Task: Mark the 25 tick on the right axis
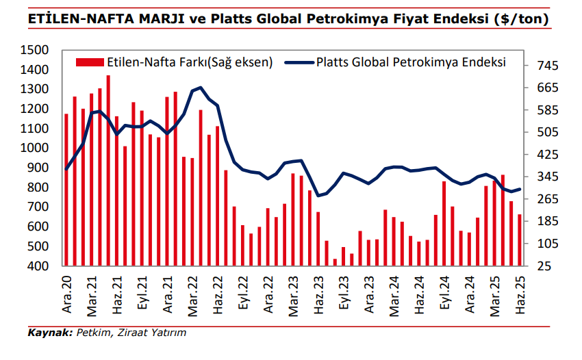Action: pos(543,266)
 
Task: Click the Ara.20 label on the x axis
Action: pos(66,293)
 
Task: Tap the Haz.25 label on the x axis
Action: pos(520,293)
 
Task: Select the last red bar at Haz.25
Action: pos(520,240)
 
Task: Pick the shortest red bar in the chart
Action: pos(336,261)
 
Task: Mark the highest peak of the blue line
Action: pos(200,88)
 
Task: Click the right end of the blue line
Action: pos(520,190)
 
